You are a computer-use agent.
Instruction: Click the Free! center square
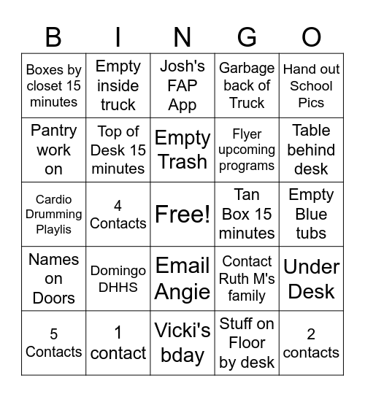pos(182,214)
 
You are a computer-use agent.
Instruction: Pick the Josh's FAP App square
pos(182,85)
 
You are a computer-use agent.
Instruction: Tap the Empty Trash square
pos(182,150)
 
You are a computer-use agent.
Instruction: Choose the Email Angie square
pos(182,278)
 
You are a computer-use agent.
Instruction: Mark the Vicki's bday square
pos(182,342)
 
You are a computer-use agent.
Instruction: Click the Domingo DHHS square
pos(118,278)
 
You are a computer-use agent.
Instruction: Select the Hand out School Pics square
pos(312,85)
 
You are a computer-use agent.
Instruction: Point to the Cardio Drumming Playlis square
pos(53,214)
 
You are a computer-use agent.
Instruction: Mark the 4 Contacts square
pos(118,214)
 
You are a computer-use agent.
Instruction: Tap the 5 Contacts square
pos(53,342)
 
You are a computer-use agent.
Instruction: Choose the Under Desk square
pos(312,278)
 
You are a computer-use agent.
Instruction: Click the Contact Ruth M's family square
pos(247,278)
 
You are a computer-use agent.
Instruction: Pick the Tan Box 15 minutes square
pos(247,214)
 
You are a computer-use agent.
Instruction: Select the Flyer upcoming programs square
pos(247,150)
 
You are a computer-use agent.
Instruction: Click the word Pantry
pos(53,131)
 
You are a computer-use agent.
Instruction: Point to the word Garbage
pos(247,68)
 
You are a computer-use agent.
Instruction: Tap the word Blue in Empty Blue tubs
pos(312,215)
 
